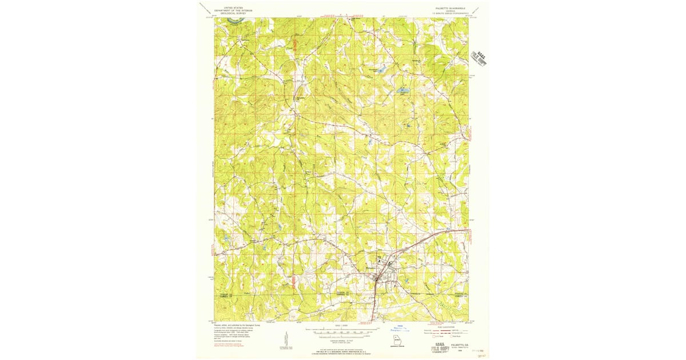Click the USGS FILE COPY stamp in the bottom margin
442,347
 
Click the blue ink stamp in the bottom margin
400,330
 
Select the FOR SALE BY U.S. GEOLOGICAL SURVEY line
342,351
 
